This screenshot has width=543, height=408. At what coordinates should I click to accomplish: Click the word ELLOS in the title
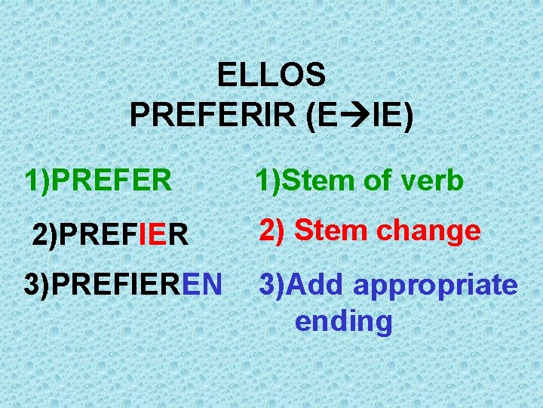tap(271, 75)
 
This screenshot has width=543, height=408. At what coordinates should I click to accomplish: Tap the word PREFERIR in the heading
tap(214, 116)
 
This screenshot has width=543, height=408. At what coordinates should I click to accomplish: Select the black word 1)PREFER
tap(98, 181)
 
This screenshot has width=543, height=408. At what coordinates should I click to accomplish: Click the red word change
tap(431, 230)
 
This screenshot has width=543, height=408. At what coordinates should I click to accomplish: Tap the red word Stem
tap(329, 230)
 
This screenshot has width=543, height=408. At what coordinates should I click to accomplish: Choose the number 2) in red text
tap(271, 231)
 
